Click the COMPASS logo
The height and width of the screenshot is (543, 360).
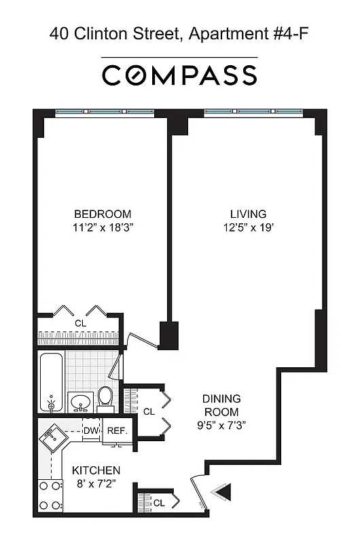[179, 75]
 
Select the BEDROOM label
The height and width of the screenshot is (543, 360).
[103, 214]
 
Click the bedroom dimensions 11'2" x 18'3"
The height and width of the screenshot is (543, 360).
[103, 228]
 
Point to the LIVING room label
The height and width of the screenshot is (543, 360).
[247, 214]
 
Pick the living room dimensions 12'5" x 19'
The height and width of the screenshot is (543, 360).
[247, 228]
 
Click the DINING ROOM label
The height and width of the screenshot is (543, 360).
[221, 405]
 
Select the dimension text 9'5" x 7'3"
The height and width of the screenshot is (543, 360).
[221, 426]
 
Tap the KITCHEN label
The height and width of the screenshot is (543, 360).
[96, 470]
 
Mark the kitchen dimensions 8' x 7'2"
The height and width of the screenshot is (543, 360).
[96, 484]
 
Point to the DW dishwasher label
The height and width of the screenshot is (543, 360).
[91, 430]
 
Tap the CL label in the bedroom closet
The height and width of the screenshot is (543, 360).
[80, 324]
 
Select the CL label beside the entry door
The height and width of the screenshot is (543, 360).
[159, 503]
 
